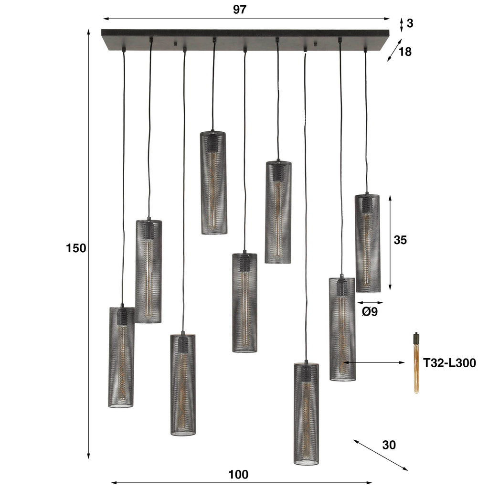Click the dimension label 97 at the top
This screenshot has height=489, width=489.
pyautogui.click(x=240, y=10)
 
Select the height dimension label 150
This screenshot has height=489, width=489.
pyautogui.click(x=76, y=248)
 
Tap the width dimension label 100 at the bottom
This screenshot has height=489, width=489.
pyautogui.click(x=238, y=475)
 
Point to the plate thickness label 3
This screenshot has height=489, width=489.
pyautogui.click(x=410, y=22)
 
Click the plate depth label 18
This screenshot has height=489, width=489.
pyautogui.click(x=404, y=52)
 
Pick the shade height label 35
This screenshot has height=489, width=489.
pyautogui.click(x=400, y=240)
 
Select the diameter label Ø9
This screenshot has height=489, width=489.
pyautogui.click(x=370, y=312)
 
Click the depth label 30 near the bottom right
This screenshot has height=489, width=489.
pyautogui.click(x=389, y=445)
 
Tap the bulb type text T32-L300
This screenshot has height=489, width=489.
pyautogui.click(x=449, y=363)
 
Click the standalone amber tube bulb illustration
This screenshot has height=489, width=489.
pyautogui.click(x=416, y=363)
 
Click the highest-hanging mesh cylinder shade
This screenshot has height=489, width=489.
pyautogui.click(x=213, y=182)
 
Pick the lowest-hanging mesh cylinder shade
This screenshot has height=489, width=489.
pyautogui.click(x=306, y=414)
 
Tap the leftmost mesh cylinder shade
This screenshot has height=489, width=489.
pyautogui.click(x=121, y=357)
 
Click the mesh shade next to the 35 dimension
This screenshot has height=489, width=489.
pyautogui.click(x=367, y=243)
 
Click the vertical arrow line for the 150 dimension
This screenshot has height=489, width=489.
pyautogui.click(x=89, y=244)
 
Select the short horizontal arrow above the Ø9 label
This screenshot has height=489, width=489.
pyautogui.click(x=370, y=302)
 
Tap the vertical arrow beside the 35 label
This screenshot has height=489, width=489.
pyautogui.click(x=390, y=243)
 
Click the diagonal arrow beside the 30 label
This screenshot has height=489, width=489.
pyautogui.click(x=381, y=455)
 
